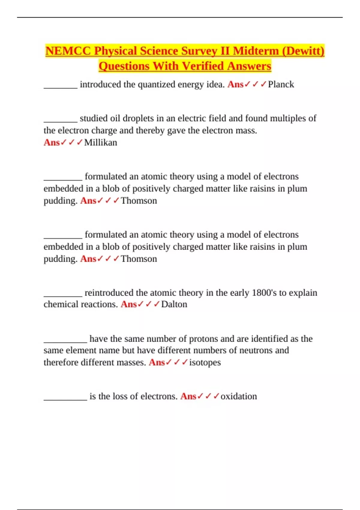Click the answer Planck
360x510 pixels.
[281, 85]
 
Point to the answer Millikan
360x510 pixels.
[100, 142]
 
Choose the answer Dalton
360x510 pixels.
[174, 304]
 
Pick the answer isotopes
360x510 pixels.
[205, 363]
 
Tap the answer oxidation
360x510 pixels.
[239, 397]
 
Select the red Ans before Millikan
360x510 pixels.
[52, 142]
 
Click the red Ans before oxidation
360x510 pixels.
[188, 397]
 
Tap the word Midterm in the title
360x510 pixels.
[256, 51]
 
